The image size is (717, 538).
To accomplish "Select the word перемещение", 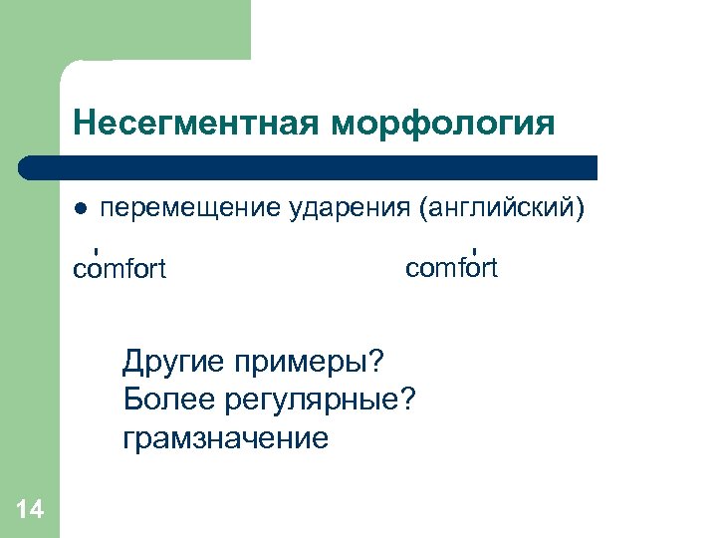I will [189, 209].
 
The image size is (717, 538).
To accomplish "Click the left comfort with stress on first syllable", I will [119, 270].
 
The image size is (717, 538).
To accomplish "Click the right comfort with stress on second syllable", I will [451, 268].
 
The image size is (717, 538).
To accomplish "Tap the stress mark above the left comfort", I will [95, 250].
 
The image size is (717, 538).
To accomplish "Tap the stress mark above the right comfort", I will [475, 249].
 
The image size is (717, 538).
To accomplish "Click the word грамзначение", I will [225, 437].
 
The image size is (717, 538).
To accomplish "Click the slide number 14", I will [30, 510].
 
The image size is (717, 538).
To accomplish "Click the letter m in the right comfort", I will [443, 268].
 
